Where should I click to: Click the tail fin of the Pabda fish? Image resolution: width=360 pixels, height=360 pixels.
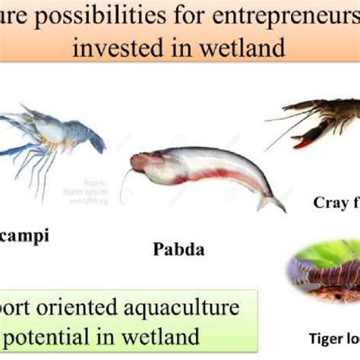point(270,200)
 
